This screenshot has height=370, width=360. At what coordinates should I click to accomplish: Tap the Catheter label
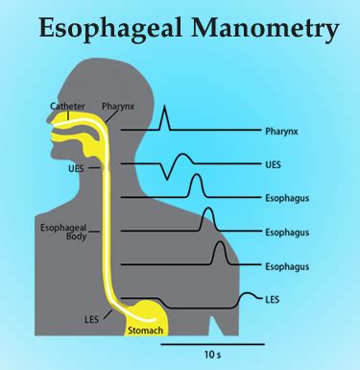40,106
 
